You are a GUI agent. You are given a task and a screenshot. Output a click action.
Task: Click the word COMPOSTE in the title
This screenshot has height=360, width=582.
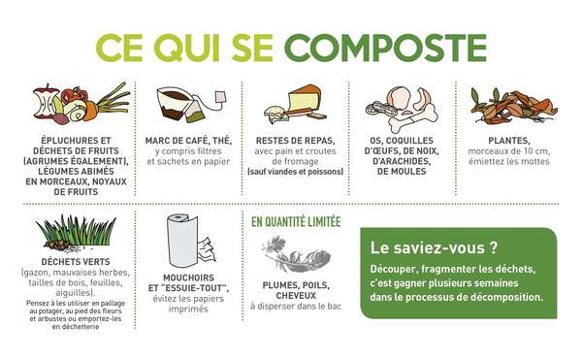[391, 47]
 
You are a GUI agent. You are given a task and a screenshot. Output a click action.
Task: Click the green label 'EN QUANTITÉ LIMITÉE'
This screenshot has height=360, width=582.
[296, 221]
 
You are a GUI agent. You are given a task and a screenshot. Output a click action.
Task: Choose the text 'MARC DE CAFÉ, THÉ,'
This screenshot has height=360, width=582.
[192, 140]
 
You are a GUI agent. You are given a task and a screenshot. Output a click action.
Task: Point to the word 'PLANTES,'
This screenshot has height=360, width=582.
[503, 140]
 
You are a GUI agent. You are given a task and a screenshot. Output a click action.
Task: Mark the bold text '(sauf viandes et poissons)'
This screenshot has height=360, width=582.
[296, 172]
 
